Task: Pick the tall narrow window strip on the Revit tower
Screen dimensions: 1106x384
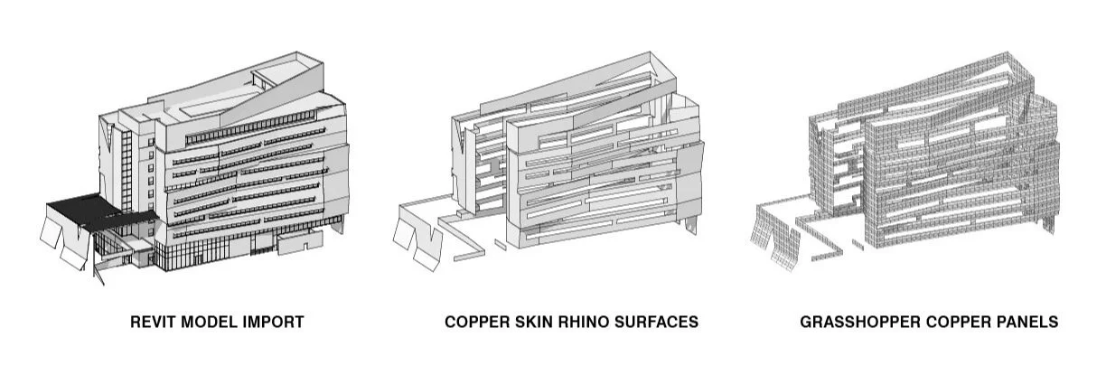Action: (127, 172)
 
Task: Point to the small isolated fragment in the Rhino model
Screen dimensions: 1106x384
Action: (500, 243)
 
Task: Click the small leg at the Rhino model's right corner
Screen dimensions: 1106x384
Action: (692, 221)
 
